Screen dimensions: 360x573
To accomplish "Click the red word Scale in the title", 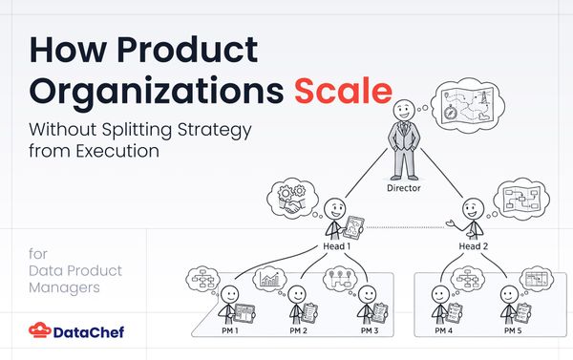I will point(343,92).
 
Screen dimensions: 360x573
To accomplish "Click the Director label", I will point(403,188).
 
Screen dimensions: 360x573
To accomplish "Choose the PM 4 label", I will point(442,330).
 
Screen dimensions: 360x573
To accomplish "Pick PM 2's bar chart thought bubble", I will point(270,279).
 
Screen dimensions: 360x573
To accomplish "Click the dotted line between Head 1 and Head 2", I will point(402,226).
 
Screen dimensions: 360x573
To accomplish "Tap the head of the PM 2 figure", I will point(300,293).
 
